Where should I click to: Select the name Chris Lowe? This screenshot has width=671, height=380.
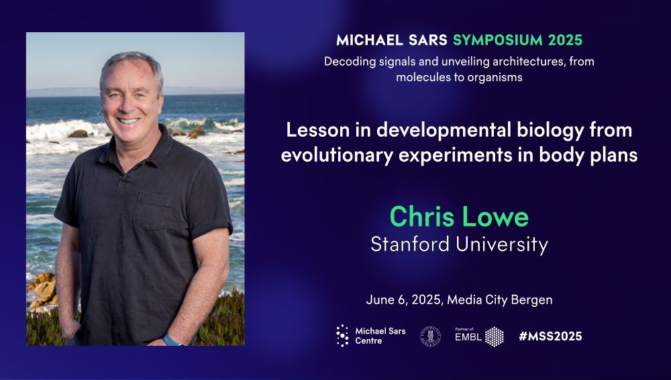(x=459, y=216)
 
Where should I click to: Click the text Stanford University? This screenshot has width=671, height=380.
(x=459, y=245)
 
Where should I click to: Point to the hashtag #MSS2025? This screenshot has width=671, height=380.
(x=550, y=336)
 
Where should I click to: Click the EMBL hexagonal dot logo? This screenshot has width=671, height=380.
(x=495, y=336)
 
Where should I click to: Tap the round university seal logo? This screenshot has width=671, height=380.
(x=430, y=336)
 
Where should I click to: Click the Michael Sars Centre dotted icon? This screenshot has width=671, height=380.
(x=342, y=336)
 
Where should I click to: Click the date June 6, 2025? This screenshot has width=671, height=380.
(x=403, y=300)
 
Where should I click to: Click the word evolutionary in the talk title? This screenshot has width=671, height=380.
(x=337, y=155)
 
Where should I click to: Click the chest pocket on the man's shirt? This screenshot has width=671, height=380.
(x=153, y=210)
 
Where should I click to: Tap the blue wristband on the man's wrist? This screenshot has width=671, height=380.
(x=172, y=340)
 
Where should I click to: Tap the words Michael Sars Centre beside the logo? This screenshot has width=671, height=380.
(x=380, y=336)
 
